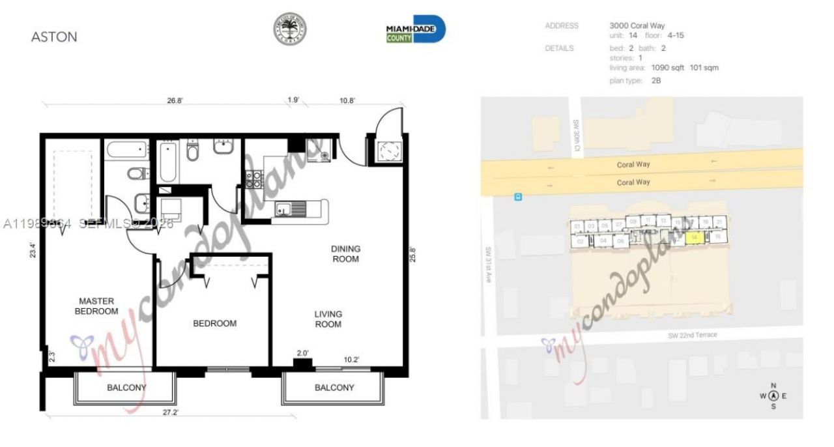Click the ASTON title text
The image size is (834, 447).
pyautogui.click(x=54, y=37)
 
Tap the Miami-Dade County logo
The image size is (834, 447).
pyautogui.click(x=415, y=30)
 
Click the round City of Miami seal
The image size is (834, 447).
pyautogui.click(x=289, y=29)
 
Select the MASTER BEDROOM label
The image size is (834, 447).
pyautogui.click(x=96, y=306)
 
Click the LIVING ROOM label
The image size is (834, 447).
pyautogui.click(x=328, y=319)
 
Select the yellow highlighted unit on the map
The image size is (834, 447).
pyautogui.click(x=696, y=238)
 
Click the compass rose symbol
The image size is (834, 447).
pyautogui.click(x=773, y=396)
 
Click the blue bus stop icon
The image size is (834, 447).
pyautogui.click(x=518, y=196)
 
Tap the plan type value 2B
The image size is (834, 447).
pyautogui.click(x=656, y=81)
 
